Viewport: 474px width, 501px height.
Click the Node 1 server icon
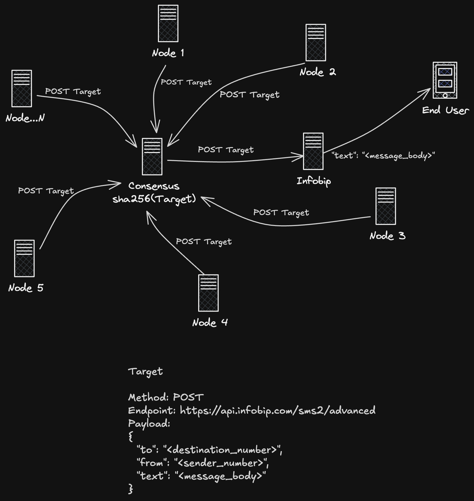[168, 24]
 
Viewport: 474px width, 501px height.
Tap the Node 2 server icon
[316, 43]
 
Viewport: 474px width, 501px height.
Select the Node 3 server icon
[385, 206]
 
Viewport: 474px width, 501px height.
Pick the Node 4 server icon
[208, 293]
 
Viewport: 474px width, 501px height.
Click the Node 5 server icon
[24, 258]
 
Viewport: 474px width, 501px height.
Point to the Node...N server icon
[22, 88]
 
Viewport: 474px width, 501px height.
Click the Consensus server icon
[152, 156]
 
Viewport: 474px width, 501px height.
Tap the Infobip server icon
[313, 151]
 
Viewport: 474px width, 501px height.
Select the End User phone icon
[445, 80]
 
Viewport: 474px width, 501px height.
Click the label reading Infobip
[314, 181]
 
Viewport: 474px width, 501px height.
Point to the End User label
[446, 110]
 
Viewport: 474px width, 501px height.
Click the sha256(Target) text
[154, 199]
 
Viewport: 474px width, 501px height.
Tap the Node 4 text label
[210, 323]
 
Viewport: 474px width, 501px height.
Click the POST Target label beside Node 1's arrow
[186, 82]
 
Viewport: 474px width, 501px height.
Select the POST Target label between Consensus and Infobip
[226, 150]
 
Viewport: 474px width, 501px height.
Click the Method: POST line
[166, 397]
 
